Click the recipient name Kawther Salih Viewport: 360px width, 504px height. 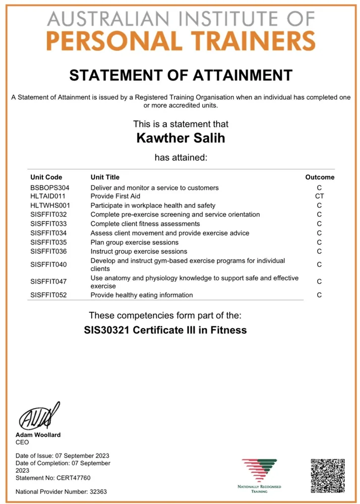(x=181, y=138)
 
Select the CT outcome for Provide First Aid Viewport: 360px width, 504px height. (x=319, y=197)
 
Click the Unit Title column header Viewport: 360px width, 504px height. (x=105, y=177)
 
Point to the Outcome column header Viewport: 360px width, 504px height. (x=320, y=177)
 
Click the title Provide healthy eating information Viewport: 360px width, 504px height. (x=141, y=295)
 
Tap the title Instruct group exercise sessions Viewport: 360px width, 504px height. (x=139, y=251)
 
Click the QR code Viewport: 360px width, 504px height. (x=328, y=475)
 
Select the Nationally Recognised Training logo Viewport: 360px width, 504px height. (x=260, y=474)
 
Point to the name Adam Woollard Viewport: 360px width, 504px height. (x=38, y=435)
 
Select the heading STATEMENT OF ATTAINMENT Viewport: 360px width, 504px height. (x=181, y=76)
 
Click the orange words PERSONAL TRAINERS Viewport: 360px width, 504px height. (x=181, y=40)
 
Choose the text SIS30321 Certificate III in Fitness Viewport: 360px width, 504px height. (x=165, y=331)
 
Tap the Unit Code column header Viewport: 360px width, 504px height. (x=46, y=177)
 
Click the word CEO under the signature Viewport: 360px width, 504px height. (x=22, y=442)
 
